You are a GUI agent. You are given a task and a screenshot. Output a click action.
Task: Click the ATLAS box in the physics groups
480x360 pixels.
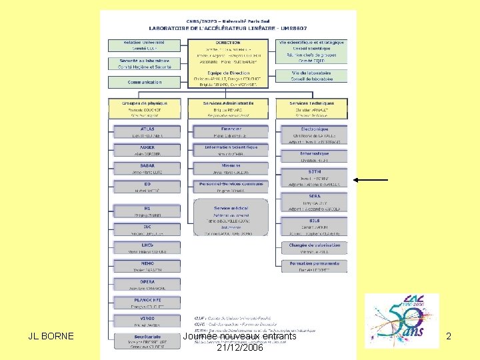[x=147, y=131]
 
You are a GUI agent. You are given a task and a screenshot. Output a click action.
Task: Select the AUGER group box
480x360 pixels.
[x=147, y=150]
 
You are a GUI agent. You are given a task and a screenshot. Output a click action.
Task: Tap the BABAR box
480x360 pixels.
[x=147, y=168]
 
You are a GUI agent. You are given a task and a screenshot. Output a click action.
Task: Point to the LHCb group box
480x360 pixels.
[x=147, y=248]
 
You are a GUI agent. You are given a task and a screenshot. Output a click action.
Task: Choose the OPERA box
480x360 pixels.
[x=147, y=284]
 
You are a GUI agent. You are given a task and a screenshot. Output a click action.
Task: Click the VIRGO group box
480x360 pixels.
[x=147, y=321]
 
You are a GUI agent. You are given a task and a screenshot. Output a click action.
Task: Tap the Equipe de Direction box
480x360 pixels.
[x=228, y=79]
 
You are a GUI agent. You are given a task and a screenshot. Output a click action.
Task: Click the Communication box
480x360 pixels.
[x=145, y=83]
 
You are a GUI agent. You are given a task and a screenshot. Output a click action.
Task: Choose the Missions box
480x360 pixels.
[x=231, y=168]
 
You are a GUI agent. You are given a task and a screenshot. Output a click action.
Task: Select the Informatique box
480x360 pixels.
[x=314, y=156]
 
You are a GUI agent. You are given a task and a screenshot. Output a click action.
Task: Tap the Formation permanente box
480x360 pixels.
[x=314, y=266]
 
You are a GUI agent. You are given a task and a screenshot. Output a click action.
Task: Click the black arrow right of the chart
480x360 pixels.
[x=371, y=180]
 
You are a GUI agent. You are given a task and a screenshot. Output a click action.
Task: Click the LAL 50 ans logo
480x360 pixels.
[x=401, y=319]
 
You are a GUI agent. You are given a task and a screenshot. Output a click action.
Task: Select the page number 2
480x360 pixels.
[x=449, y=337]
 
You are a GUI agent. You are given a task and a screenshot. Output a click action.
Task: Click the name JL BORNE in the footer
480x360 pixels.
[x=51, y=337]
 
